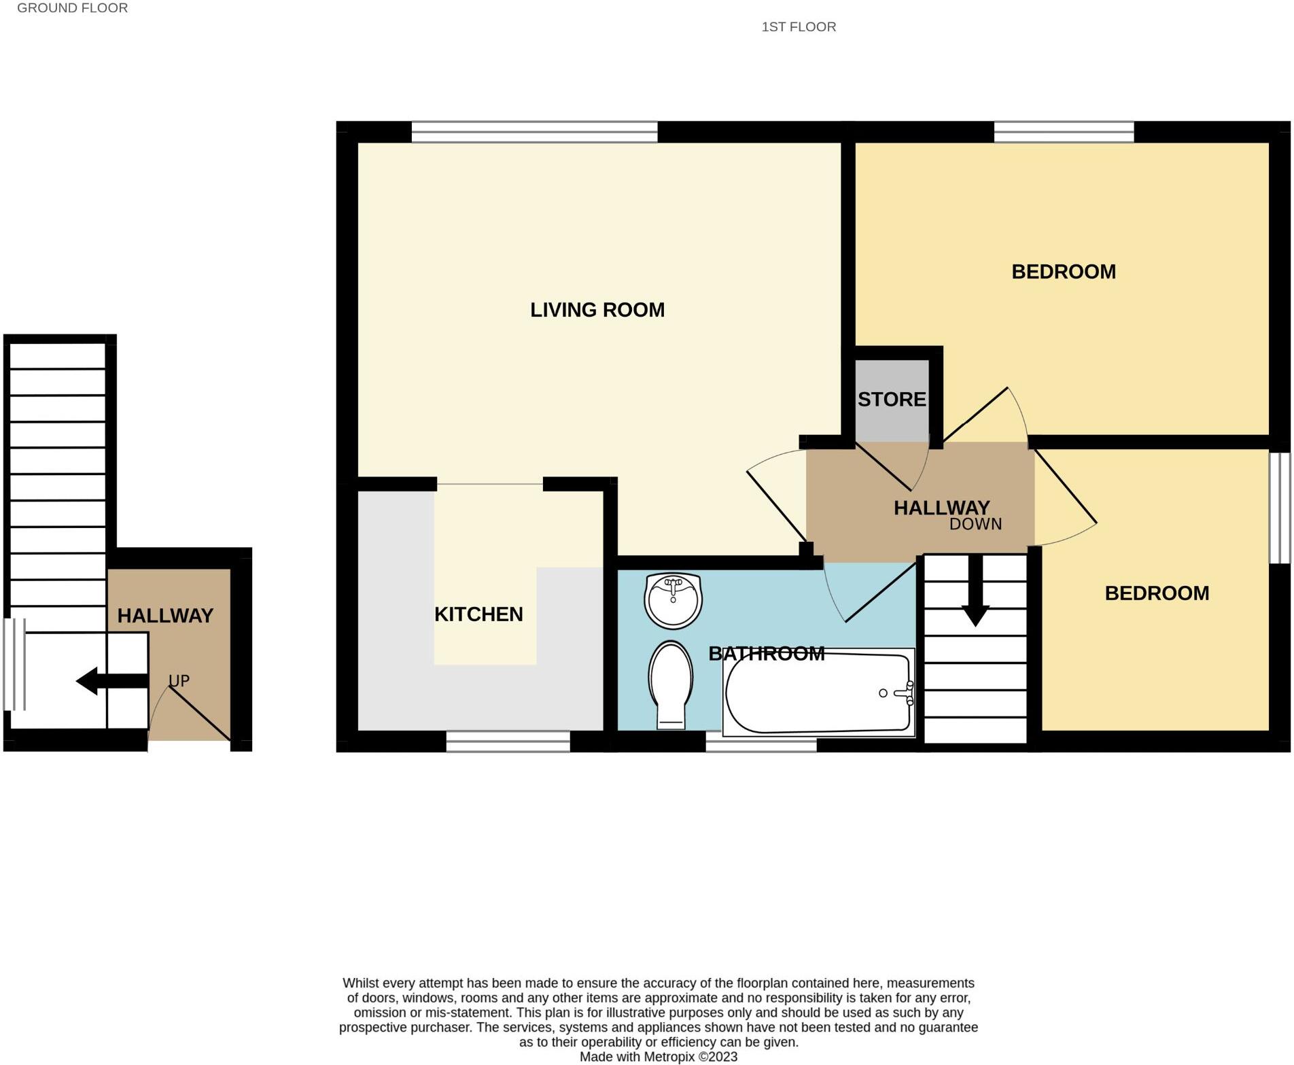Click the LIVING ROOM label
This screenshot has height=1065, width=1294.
point(597,310)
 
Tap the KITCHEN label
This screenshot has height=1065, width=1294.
point(478,614)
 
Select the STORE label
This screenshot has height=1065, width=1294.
point(891,400)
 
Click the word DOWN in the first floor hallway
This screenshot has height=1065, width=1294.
point(975,524)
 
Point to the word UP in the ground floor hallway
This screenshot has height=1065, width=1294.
point(179,680)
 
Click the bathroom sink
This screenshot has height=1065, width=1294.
point(673,600)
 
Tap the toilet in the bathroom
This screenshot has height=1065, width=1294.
point(671,683)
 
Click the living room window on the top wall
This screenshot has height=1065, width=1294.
point(534,132)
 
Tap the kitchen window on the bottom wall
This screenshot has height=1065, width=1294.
point(508,741)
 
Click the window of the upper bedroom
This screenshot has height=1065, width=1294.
point(1064,132)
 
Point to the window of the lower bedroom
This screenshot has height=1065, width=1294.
point(1280,508)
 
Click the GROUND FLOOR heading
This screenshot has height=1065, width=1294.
point(72,8)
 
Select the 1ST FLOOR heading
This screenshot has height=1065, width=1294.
point(799,27)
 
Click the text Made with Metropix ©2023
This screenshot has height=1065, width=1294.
point(658,1057)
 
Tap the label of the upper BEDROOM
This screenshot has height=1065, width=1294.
point(1064,272)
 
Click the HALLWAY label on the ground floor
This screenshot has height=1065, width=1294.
point(165,616)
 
